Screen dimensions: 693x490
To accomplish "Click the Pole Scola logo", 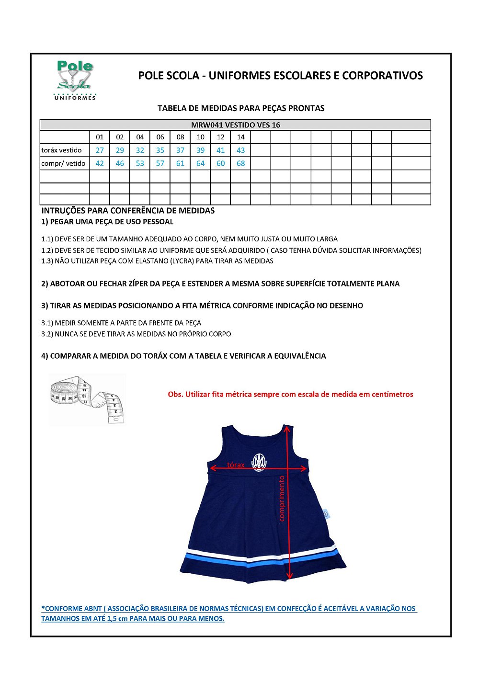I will tap(75, 77).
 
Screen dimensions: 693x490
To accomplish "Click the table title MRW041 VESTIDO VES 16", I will tap(235, 125).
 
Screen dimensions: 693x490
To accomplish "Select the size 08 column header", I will tap(180, 137).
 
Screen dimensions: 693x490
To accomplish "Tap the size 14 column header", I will tap(240, 137).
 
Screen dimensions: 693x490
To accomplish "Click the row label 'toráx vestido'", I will tap(61, 150).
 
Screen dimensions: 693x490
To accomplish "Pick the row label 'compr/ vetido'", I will tap(63, 163).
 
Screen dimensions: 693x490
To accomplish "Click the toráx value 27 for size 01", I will tap(100, 150).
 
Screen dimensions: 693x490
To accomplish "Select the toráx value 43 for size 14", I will tap(240, 150).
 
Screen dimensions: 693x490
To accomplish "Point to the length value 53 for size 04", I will tap(140, 163).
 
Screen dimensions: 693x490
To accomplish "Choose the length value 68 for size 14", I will tap(240, 163).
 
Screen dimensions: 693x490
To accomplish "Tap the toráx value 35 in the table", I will tap(160, 150).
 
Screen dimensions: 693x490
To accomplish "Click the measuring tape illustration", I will tap(87, 399).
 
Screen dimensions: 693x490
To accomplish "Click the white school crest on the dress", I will tap(259, 462).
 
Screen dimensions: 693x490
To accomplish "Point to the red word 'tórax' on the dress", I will tap(236, 465).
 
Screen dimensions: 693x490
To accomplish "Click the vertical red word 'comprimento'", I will tap(282, 498).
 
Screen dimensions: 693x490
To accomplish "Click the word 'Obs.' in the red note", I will tap(175, 395).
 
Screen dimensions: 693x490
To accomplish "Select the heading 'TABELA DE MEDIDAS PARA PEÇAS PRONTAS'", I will tap(241, 108).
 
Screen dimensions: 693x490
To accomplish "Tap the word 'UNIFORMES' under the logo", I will tap(75, 98).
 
